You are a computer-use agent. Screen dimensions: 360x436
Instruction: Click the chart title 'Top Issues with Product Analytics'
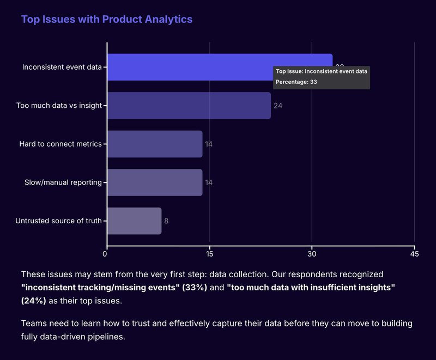coord(106,20)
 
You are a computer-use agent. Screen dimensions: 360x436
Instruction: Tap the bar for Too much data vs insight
coord(189,106)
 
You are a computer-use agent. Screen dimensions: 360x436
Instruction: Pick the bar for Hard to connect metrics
coord(155,144)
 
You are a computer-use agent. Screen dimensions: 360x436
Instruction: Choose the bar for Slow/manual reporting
coord(155,182)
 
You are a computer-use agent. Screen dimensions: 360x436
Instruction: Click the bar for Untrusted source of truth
coord(134,221)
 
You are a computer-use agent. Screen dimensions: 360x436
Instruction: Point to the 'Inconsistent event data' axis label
coord(62,68)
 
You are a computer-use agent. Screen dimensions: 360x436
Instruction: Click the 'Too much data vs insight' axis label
coord(59,106)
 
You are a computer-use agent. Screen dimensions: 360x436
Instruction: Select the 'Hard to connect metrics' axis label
coord(60,144)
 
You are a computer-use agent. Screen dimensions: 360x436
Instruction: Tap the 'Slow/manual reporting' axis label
coord(63,182)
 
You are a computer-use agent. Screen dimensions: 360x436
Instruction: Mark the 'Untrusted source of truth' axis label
coord(58,221)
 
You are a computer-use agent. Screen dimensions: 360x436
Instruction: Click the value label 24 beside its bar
coord(278,106)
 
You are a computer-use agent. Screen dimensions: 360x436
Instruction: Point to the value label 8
coord(166,221)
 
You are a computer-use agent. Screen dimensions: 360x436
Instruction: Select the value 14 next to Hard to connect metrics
coord(209,144)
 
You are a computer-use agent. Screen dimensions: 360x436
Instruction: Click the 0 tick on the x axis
coord(107,254)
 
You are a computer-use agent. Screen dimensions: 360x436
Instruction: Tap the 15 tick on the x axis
coord(209,254)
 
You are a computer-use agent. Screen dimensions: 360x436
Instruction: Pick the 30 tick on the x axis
coord(312,254)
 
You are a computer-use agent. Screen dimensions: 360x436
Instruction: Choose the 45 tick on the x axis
coord(414,254)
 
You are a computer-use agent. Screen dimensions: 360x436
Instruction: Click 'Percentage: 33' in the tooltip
coord(296,82)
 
